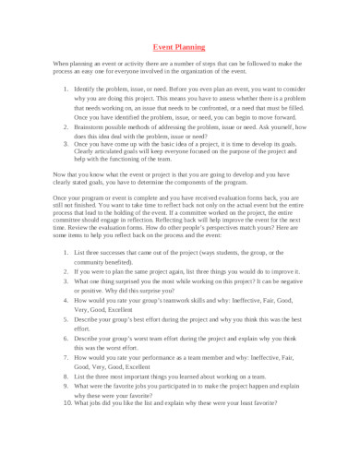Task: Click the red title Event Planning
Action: [x=179, y=44]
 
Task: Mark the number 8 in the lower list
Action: [x=64, y=376]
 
